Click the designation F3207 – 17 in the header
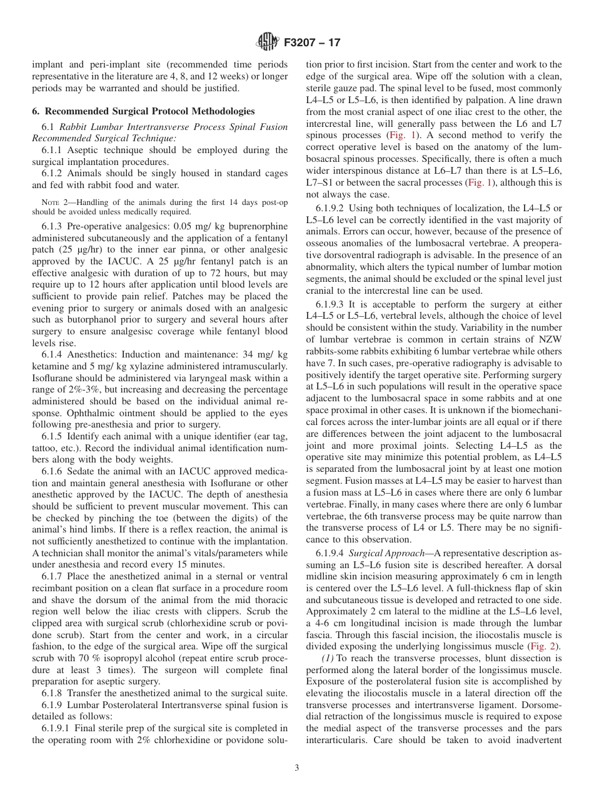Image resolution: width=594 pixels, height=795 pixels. pyautogui.click(x=311, y=43)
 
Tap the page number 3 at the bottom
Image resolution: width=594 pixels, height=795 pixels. pyautogui.click(x=297, y=767)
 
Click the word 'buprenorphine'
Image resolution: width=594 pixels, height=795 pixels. pyautogui.click(x=257, y=226)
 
